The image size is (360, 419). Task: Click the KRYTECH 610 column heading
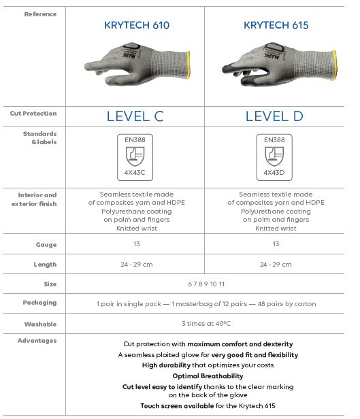click(136, 26)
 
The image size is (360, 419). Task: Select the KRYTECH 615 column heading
click(276, 26)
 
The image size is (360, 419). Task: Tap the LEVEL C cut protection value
click(135, 116)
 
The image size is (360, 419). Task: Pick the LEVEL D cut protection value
click(274, 116)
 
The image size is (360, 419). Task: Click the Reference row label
click(40, 14)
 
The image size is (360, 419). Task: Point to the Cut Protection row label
click(33, 114)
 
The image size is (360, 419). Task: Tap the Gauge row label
click(46, 244)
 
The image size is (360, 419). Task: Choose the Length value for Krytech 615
click(275, 265)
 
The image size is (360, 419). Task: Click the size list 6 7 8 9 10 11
click(206, 284)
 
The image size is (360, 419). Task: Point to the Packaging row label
click(39, 303)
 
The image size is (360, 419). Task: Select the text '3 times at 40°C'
click(206, 323)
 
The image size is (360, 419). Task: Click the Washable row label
click(40, 324)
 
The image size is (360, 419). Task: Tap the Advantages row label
click(37, 341)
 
